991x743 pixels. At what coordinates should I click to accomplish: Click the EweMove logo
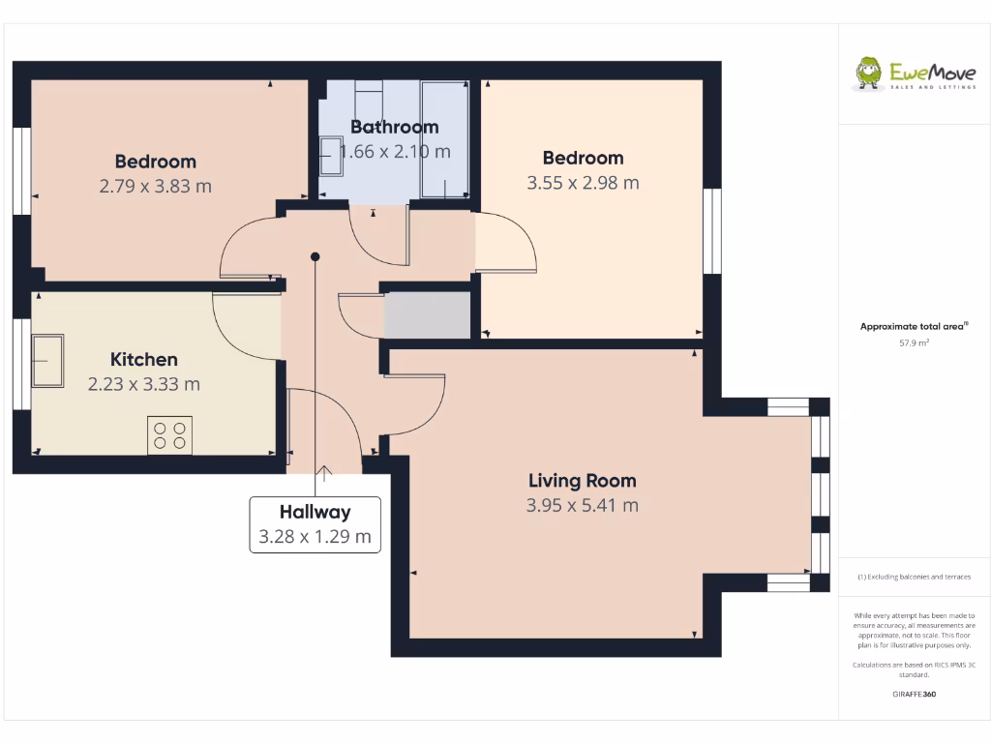coord(901,74)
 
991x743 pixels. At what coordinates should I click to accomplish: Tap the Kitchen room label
coord(143,360)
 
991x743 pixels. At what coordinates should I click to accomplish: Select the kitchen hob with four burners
coord(169,434)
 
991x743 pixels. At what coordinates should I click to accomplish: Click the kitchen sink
coord(46,360)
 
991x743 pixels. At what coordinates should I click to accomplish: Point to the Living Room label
coord(582,481)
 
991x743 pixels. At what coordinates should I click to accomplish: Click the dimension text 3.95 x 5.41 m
coord(582,505)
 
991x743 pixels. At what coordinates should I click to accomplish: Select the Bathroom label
coord(394,127)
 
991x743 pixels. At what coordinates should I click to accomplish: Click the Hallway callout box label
coord(315,513)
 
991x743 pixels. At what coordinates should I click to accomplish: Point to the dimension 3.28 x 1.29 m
coord(315,537)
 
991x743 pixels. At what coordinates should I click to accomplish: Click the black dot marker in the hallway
coord(315,256)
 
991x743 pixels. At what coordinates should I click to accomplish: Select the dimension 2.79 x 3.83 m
coord(155,186)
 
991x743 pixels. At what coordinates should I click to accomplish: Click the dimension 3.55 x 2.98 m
coord(583,182)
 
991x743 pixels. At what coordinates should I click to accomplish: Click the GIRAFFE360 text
coord(914,694)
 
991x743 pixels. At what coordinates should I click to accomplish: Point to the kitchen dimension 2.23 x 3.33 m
coord(143,384)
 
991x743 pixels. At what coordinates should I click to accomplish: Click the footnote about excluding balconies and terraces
coord(914,577)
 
